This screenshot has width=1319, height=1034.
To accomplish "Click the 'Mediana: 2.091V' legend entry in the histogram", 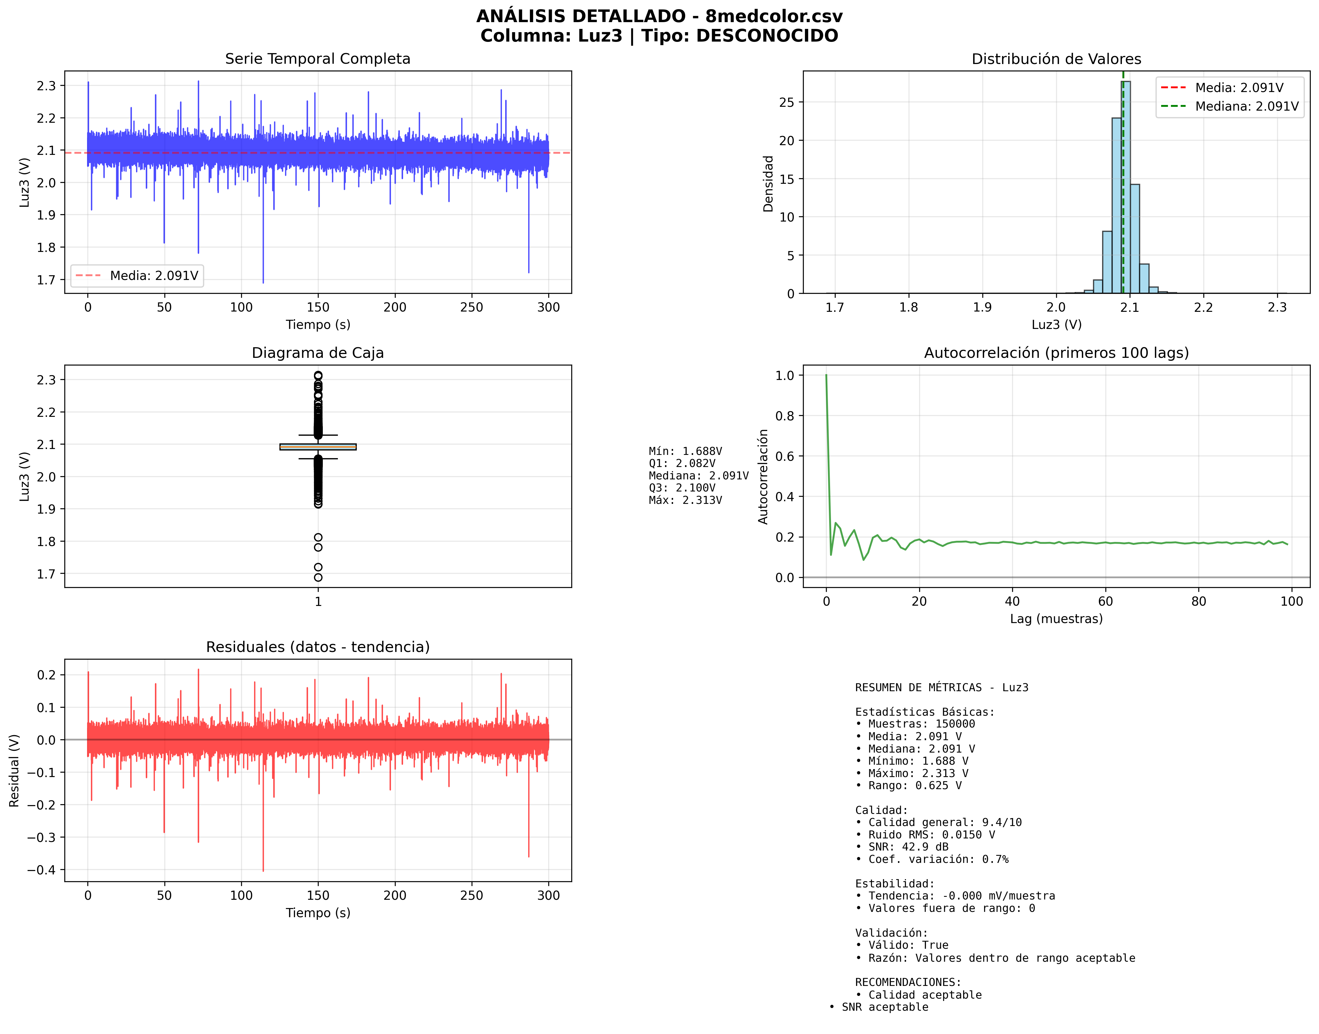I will click(1246, 106).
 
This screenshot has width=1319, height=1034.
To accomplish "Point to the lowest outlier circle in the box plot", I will click(318, 578).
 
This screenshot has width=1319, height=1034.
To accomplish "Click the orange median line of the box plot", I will click(318, 447).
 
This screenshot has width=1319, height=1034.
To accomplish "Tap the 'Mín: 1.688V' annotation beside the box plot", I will click(685, 451).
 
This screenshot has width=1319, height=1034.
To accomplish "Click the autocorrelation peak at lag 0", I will click(826, 375).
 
